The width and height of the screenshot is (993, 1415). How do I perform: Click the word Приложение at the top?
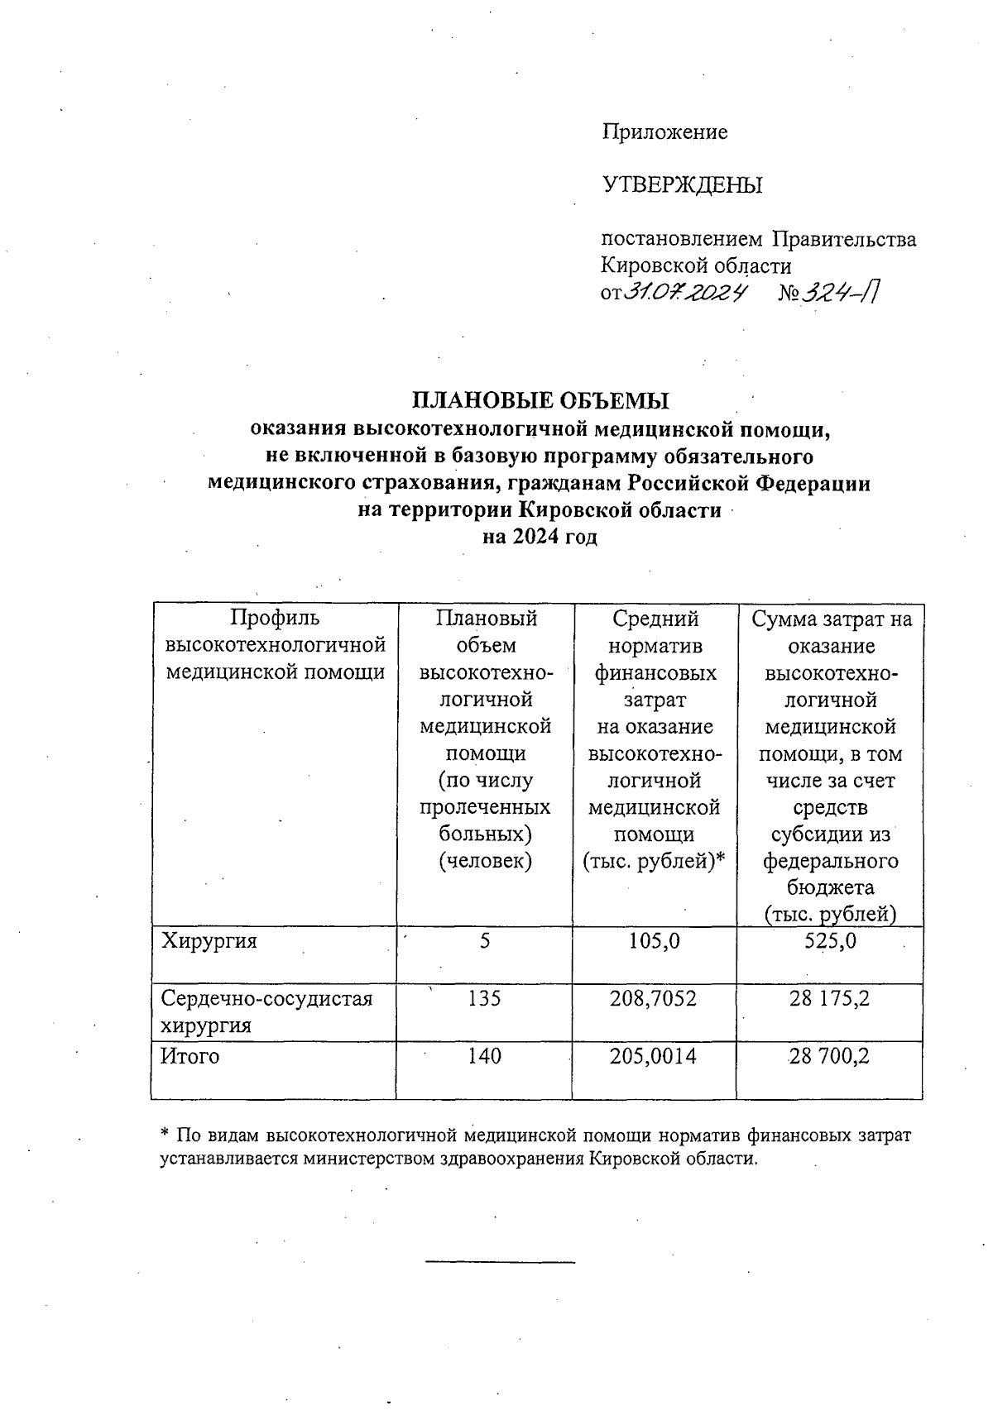pos(664,132)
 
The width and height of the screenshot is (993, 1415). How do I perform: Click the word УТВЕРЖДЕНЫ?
pos(681,185)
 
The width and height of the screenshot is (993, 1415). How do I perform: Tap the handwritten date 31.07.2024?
pos(685,292)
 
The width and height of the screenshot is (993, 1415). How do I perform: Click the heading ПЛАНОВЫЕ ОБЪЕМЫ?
pos(540,401)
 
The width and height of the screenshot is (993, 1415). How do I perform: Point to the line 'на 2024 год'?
pos(540,537)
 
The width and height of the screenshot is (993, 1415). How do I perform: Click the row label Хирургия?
pos(209,940)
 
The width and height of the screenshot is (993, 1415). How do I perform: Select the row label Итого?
pos(189,1056)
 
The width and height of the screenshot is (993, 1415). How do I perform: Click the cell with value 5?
pos(485,940)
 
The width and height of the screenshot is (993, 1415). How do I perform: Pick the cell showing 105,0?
pos(655,940)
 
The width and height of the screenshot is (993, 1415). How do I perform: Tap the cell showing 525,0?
pos(830,940)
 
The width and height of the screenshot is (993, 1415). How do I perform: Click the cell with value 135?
pos(484,998)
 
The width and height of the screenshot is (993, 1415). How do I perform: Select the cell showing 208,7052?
pos(654,998)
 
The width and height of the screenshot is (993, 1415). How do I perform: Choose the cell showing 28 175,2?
pos(829,998)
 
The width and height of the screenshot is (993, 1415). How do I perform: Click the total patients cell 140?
pos(484,1056)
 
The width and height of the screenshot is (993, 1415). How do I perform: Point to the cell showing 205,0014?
pos(654,1056)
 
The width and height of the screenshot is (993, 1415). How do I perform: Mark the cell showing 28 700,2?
pos(829,1056)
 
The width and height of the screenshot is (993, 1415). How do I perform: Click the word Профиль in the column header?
pos(274,619)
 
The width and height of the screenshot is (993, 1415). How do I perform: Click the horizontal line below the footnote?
pos(500,1262)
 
